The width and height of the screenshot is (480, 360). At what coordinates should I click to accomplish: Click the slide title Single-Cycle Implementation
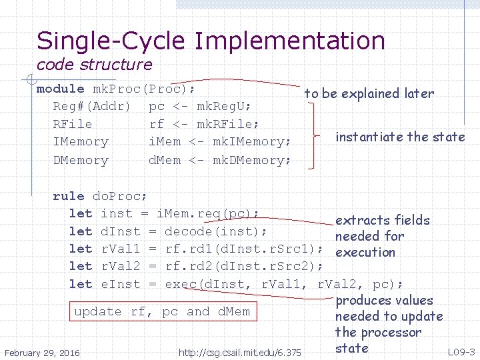coord(211,41)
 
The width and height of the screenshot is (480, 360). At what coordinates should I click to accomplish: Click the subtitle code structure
coord(94,65)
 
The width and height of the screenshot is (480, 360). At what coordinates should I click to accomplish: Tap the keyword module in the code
coord(60,89)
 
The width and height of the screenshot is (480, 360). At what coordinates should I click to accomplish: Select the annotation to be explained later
coord(369,94)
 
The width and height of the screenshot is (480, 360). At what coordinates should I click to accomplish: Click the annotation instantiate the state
coord(400,137)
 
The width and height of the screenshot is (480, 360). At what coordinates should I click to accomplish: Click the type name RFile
coord(73,124)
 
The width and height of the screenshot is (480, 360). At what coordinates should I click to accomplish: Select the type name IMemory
coord(80,142)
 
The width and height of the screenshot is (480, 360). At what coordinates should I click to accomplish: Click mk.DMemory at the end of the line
coord(252,160)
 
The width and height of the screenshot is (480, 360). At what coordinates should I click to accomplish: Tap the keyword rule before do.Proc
coord(68,196)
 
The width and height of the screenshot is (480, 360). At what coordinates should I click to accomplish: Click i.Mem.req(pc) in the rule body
coord(207,213)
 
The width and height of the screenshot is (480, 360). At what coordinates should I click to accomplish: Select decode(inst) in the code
coord(215,231)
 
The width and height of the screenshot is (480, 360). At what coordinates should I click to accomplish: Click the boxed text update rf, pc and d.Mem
coord(162,311)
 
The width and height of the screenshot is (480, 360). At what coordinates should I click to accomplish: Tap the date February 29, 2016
coord(41,352)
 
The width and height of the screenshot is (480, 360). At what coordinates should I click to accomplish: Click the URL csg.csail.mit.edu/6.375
coord(240,352)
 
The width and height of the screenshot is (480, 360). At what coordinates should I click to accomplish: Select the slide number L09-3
coord(461,351)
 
